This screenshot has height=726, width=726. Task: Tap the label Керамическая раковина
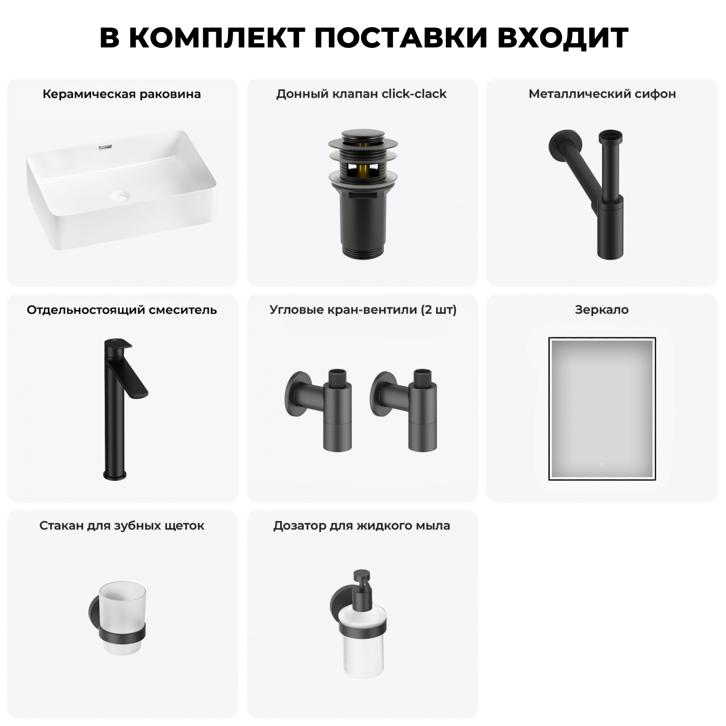pos(121,94)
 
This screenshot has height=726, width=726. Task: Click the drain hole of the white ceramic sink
pos(121,196)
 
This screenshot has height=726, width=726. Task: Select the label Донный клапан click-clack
pos(361,94)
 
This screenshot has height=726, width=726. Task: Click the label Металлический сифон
pos(602,94)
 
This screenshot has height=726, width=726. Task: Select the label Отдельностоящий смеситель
pos(121,310)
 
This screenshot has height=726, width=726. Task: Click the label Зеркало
pos(602,310)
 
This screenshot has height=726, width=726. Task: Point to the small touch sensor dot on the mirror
pos(602,464)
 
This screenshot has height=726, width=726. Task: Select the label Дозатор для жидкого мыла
pos(362,526)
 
